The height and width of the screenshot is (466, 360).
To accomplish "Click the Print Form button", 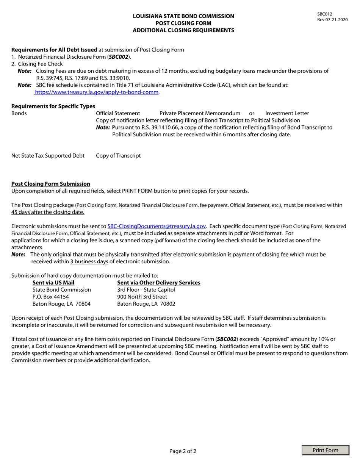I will (326, 450).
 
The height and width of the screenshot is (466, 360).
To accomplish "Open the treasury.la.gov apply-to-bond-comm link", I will (97, 92).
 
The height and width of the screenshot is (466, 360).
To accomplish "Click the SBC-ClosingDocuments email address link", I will (157, 226).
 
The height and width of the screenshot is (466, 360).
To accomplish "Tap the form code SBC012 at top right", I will (325, 14).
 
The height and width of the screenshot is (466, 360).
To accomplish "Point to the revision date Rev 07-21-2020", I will (332, 20).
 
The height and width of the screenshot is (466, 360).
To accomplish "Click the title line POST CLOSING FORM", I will (183, 23).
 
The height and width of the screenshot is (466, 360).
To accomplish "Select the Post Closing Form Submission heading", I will (51, 183).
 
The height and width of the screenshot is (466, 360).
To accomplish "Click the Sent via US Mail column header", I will (53, 283).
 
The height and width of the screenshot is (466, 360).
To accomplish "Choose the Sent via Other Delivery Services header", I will (159, 283).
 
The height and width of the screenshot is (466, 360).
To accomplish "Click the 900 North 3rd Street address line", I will (142, 297).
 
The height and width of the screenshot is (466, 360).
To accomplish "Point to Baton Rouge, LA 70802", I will (146, 304).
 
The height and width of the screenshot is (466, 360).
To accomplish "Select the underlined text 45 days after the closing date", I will (48, 212).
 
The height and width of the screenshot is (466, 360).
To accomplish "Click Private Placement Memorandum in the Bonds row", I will (200, 113).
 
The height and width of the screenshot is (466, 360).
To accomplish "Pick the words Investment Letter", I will (287, 113).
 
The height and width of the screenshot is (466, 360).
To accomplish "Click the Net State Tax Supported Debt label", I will (48, 156).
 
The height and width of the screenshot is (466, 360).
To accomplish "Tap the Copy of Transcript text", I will (118, 156).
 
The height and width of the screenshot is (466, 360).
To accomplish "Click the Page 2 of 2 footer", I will (183, 451).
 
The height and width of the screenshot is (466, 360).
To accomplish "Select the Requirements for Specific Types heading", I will (53, 106).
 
